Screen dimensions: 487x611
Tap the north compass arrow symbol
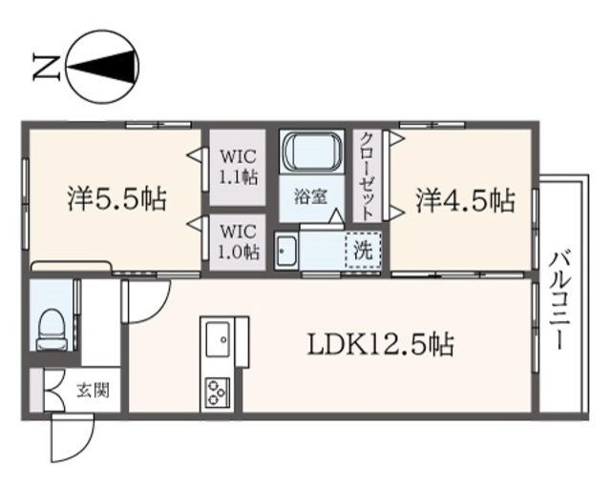[x=99, y=66]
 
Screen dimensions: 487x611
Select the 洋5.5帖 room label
[x=116, y=199]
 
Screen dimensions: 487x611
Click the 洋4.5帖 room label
[x=465, y=200]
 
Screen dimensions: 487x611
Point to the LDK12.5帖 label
[x=379, y=343]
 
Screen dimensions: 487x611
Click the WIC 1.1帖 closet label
[x=236, y=165]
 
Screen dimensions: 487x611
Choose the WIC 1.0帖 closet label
[x=236, y=241]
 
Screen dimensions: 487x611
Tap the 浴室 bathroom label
[x=310, y=198]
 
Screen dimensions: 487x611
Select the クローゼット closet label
[x=368, y=174]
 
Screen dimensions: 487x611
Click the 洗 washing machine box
[x=361, y=252]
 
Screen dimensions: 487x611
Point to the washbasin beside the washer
[x=287, y=252]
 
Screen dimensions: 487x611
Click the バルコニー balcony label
[x=561, y=294]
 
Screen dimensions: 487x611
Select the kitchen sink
[x=217, y=338]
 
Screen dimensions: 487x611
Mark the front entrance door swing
[x=69, y=439]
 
